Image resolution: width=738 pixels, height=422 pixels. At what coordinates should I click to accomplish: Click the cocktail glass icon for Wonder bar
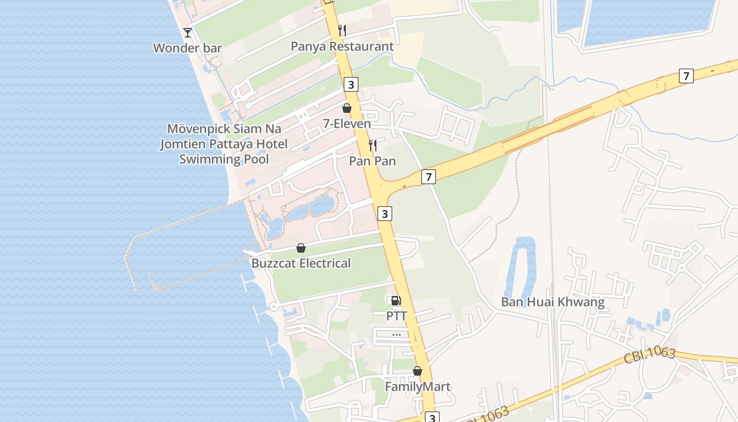(x=187, y=32)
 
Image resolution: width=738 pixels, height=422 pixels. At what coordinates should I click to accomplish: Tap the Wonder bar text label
(x=187, y=48)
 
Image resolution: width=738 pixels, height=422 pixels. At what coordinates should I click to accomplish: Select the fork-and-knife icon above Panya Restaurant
(x=342, y=31)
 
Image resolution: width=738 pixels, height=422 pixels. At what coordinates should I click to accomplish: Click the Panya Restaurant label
(x=342, y=46)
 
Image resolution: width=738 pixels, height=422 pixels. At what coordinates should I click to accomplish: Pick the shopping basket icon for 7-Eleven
(x=347, y=108)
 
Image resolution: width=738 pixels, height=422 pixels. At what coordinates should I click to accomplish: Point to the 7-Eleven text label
(x=347, y=124)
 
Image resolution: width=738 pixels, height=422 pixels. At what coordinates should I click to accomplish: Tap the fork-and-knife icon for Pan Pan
(x=372, y=145)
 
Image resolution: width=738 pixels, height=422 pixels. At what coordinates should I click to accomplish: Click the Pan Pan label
(x=372, y=161)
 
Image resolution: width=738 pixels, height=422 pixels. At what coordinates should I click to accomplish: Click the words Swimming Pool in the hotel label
(x=224, y=159)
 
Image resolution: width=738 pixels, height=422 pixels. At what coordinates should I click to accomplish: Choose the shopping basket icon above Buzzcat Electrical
(x=301, y=248)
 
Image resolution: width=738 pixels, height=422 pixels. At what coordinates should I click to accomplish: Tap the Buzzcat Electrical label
(x=301, y=263)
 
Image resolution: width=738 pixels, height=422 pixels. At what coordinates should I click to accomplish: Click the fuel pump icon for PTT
(x=396, y=301)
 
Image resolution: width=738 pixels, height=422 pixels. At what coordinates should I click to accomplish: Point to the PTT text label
(x=396, y=316)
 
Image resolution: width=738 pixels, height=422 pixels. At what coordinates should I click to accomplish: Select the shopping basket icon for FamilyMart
(x=417, y=371)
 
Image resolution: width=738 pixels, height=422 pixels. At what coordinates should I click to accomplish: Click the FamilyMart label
(x=417, y=387)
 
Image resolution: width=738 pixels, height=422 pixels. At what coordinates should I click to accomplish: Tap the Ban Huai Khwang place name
(x=552, y=302)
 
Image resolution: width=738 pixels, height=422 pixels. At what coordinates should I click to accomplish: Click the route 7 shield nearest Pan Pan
(x=429, y=177)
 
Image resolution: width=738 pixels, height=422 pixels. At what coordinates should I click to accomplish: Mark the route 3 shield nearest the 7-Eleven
(x=351, y=84)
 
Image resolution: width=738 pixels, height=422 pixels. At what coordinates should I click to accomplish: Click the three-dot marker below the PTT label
(x=396, y=334)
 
